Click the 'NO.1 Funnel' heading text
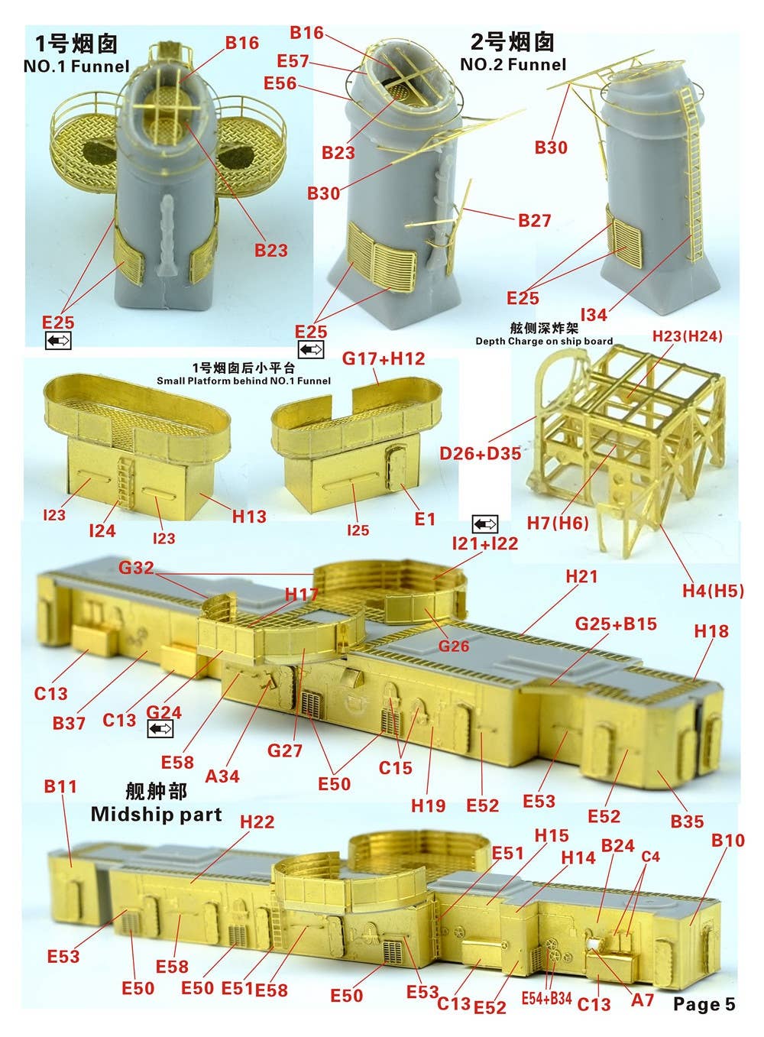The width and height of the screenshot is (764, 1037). [x=76, y=66]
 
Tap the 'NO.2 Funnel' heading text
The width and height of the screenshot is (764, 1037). [x=513, y=64]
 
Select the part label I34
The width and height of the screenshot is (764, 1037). [x=594, y=315]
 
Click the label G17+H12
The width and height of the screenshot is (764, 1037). [x=384, y=358]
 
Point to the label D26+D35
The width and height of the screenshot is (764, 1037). [x=481, y=453]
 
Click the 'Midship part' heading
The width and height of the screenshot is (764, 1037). [x=157, y=814]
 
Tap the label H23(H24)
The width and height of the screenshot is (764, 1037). [x=687, y=336]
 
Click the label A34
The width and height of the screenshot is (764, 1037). [x=222, y=776]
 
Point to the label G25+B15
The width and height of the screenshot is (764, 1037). [x=616, y=624]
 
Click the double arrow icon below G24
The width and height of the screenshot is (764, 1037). [x=160, y=729]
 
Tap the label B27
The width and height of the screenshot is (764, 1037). [x=535, y=220]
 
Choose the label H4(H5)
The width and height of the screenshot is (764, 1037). [x=713, y=591]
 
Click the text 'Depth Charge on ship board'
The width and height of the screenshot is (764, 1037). [x=544, y=341]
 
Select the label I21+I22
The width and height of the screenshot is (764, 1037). [x=485, y=543]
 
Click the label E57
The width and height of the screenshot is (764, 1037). [x=293, y=61]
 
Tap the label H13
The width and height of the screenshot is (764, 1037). [x=249, y=516]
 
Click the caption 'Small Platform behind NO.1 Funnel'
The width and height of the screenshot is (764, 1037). [x=244, y=381]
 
